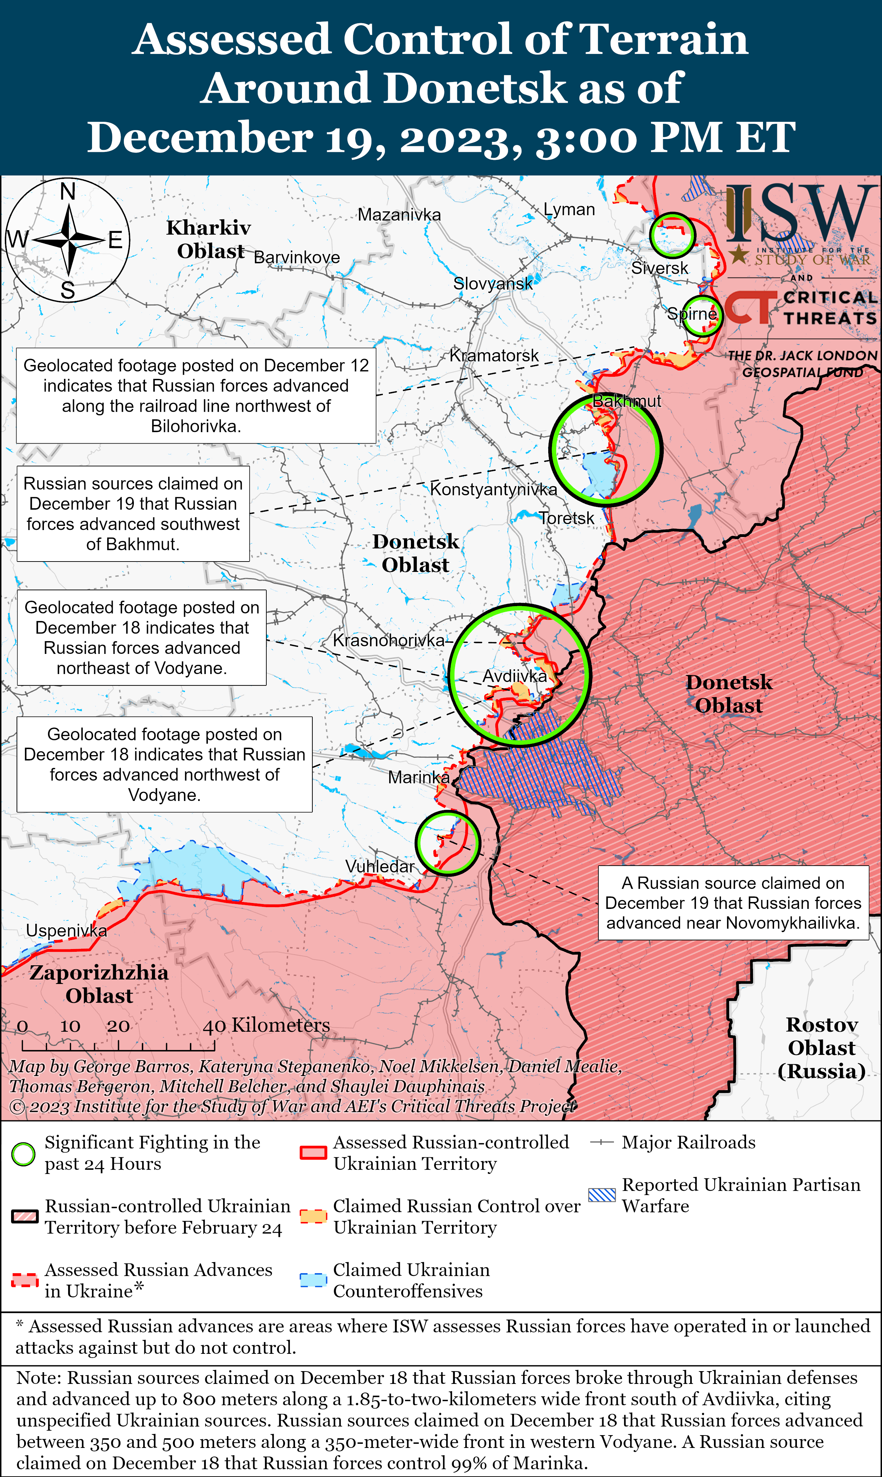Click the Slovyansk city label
point(493,283)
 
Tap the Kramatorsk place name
point(494,355)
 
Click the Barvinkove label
point(296,257)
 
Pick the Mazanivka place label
point(399,215)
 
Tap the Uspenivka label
point(66,930)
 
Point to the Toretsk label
point(567,518)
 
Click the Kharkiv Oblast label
point(209,239)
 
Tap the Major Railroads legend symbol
point(601,1142)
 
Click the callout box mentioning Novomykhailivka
point(733,903)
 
